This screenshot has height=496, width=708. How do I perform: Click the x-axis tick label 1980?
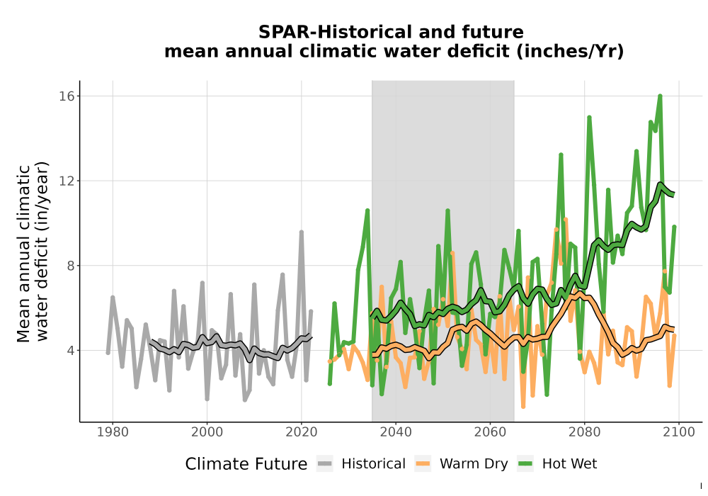tap(113, 432)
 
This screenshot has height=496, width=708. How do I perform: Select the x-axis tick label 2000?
tap(207, 432)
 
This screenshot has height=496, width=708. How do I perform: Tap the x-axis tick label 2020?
tap(301, 432)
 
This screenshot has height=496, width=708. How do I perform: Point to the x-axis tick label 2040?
tap(396, 432)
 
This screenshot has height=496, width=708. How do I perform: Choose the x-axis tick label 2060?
tap(490, 432)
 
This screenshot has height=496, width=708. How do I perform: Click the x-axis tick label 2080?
tap(584, 432)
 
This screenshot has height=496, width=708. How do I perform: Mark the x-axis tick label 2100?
tap(679, 432)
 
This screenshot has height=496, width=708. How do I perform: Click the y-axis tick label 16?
tap(67, 96)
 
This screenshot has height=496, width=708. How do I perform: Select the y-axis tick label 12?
tap(67, 181)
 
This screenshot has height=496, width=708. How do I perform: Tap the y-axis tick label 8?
tap(71, 266)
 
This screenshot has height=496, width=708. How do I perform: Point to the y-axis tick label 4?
tap(71, 351)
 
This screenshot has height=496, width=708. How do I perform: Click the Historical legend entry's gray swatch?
tap(325, 463)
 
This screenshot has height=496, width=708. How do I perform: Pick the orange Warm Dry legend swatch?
tap(423, 463)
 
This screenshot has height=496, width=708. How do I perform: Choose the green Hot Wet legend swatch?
tap(525, 463)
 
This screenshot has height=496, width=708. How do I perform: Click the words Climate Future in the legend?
tap(246, 464)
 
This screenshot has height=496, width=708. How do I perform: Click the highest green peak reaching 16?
tap(660, 96)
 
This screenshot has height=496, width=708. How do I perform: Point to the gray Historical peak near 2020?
tap(301, 232)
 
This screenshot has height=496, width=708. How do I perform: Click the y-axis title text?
tap(32, 252)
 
